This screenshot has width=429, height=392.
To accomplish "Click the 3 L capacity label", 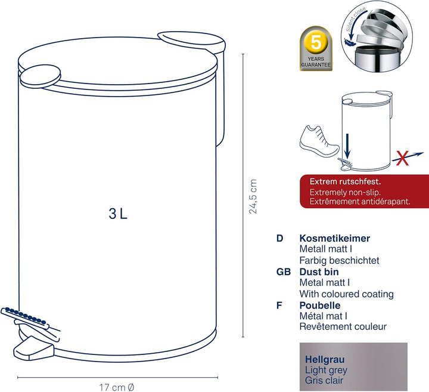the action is (x=118, y=214).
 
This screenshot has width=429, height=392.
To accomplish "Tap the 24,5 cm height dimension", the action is (x=253, y=196).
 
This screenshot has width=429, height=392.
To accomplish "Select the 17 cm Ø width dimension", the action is (x=117, y=387).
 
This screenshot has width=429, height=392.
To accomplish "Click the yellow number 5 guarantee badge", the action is (x=316, y=48).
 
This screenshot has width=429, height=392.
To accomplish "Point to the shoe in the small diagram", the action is (x=319, y=141).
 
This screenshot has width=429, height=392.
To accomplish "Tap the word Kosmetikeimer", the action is (x=335, y=238).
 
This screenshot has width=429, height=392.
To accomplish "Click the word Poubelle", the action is (x=320, y=305).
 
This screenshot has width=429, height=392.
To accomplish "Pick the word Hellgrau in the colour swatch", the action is (x=325, y=359).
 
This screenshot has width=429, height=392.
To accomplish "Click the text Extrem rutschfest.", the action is (x=345, y=181).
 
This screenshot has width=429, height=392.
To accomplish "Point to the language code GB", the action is (x=284, y=271).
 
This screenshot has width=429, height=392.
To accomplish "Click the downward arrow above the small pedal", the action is (x=347, y=146).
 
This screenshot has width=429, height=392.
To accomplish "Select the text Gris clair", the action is (x=324, y=380).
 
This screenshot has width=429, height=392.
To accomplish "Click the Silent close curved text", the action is (x=355, y=18).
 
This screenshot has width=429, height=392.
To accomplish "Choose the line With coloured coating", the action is (x=346, y=294).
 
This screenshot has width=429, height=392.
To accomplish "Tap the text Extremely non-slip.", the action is (x=345, y=192).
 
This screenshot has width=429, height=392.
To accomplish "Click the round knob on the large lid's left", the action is (x=41, y=76).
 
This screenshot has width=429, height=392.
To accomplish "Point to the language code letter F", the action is (x=279, y=305).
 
